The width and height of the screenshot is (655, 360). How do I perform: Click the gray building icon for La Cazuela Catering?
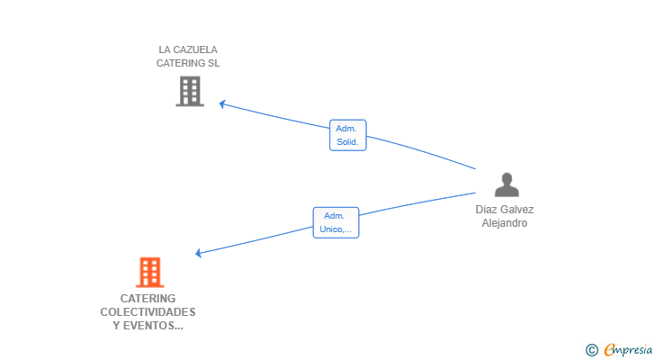(x=189, y=91)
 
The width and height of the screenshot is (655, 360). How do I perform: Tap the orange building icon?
(x=149, y=272)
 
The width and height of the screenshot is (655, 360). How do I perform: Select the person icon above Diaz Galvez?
(x=507, y=184)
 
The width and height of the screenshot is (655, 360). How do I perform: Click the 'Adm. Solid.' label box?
(x=347, y=135)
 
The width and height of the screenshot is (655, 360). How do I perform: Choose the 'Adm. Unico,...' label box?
(x=336, y=222)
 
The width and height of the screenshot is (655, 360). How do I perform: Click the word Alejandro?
(x=504, y=223)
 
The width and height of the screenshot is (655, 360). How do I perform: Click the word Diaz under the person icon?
(x=487, y=210)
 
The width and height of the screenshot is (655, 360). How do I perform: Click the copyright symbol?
(x=591, y=350)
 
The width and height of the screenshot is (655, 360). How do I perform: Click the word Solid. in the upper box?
(x=347, y=142)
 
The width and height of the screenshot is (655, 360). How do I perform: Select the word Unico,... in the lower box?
(x=336, y=229)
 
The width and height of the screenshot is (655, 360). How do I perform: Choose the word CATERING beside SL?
(x=180, y=64)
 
